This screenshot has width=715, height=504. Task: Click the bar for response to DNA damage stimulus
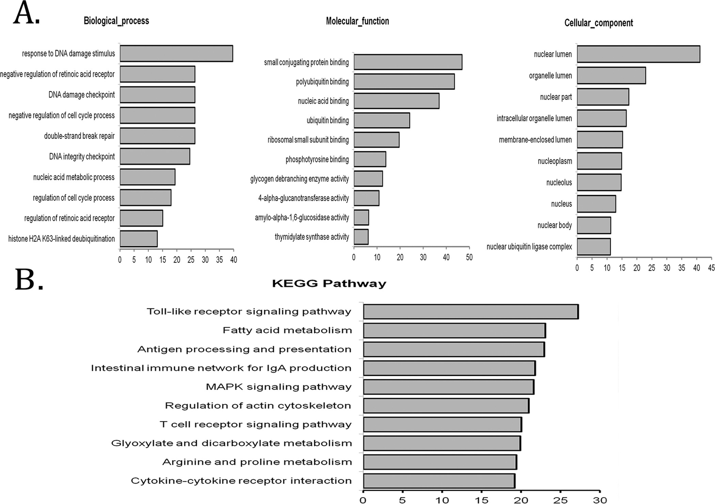tap(176, 53)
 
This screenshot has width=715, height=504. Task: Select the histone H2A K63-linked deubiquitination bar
tap(139, 239)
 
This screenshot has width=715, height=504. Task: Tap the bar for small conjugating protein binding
tap(408, 62)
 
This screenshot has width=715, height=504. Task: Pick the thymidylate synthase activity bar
tap(361, 237)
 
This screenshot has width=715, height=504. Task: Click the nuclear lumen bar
tap(638, 54)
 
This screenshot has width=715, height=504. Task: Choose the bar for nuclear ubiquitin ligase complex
tap(594, 247)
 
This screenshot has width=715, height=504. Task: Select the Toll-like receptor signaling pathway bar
tap(471, 312)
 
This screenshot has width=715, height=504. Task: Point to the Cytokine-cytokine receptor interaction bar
tap(439, 481)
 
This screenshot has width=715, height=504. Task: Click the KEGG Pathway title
tap(329, 283)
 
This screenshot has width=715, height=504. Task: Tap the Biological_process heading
tap(116, 21)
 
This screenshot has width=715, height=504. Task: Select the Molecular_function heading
tap(357, 21)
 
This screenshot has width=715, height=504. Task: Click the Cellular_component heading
tap(599, 23)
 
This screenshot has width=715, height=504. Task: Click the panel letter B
tap(29, 280)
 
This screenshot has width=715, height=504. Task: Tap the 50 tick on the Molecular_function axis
tap(469, 257)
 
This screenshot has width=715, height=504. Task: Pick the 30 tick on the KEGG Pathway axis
tap(600, 500)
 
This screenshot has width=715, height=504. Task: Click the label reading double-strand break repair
tap(79, 136)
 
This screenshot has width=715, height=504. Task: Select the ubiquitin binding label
tap(328, 121)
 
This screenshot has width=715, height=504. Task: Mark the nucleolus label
tap(559, 183)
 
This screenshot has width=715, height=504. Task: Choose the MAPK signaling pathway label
tap(279, 387)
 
